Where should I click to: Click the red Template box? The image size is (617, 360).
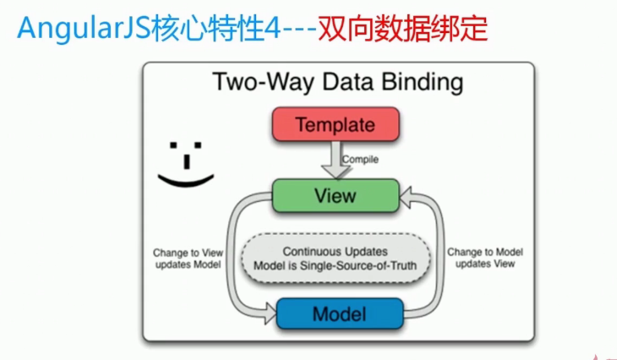tap(336, 124)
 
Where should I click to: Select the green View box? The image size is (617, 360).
tap(336, 195)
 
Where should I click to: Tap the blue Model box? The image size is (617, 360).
tap(340, 314)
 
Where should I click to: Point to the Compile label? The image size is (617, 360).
tap(360, 160)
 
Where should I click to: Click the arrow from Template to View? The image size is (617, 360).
tap(336, 160)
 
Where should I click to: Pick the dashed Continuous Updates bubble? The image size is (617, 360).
tap(336, 259)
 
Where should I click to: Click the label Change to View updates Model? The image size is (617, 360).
tap(188, 259)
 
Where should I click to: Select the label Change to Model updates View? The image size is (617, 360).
tap(485, 258)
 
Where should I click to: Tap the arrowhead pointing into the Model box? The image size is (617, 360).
tap(270, 314)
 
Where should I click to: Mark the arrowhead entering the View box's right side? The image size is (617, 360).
tap(406, 197)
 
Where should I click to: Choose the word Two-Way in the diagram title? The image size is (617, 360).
tap(264, 83)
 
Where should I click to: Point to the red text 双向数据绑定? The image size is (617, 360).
tap(403, 29)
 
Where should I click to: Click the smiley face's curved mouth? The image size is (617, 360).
tap(186, 182)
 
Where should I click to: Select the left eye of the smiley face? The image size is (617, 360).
tap(173, 145)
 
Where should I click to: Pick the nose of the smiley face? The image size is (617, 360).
tap(187, 161)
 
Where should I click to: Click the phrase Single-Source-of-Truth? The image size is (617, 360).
tap(358, 266)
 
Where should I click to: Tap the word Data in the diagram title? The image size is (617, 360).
tap(348, 83)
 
